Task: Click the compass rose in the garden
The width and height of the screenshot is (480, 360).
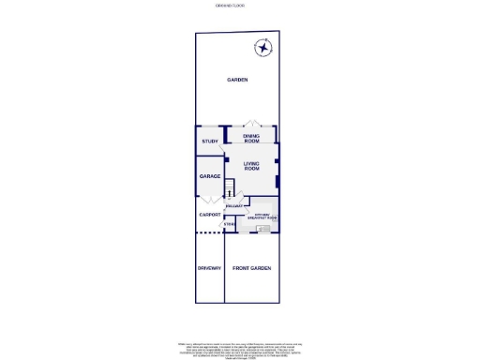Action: tap(264, 49)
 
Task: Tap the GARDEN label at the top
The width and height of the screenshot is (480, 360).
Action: tap(237, 80)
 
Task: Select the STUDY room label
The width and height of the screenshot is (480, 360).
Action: tap(210, 142)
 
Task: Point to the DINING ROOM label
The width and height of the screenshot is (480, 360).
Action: tap(251, 139)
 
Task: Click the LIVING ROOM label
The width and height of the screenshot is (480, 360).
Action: tap(251, 167)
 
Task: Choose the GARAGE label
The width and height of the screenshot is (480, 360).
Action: tap(209, 176)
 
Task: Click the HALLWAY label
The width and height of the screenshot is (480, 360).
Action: tap(234, 205)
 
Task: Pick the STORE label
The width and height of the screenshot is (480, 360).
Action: tap(229, 224)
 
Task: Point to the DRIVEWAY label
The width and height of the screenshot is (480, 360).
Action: tap(209, 269)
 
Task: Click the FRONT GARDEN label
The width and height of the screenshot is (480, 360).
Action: tap(251, 269)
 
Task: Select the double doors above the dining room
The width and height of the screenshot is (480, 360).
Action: tap(251, 126)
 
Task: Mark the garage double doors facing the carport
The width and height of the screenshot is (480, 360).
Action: tap(209, 200)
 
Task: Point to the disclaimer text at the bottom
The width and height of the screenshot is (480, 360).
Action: tap(239, 348)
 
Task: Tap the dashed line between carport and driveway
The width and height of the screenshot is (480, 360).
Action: tap(209, 234)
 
